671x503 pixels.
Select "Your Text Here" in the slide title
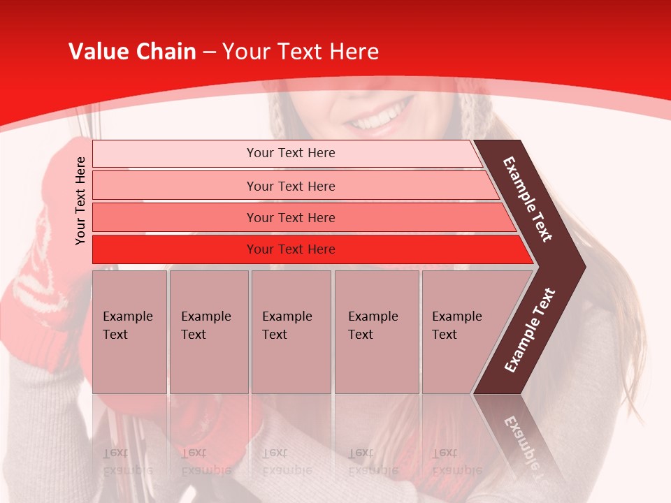[301, 52]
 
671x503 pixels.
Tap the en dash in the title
[209, 52]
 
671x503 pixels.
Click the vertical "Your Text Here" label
[80, 201]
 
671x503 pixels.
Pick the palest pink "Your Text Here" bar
[291, 153]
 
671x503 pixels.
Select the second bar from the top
[291, 186]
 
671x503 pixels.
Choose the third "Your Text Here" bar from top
[291, 217]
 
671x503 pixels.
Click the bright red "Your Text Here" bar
[291, 249]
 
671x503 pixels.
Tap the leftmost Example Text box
[129, 332]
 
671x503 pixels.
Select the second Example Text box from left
[208, 332]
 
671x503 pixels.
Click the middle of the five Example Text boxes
[291, 332]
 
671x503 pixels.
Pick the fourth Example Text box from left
[376, 332]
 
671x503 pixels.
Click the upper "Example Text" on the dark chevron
[528, 200]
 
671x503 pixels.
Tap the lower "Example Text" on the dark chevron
[530, 330]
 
